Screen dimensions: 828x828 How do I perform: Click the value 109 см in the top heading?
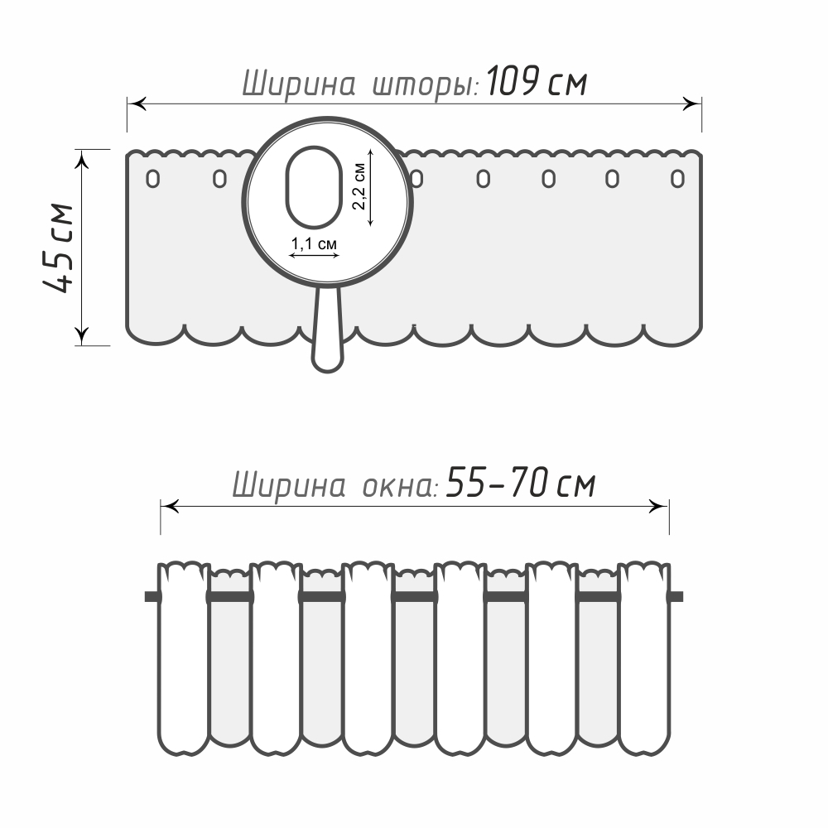click(x=537, y=83)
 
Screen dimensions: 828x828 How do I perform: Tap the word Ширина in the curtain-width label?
click(x=299, y=84)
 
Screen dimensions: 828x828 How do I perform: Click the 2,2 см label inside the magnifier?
click(x=359, y=188)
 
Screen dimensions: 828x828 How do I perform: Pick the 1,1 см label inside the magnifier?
click(x=315, y=244)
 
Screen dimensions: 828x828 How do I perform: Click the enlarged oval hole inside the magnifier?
click(x=314, y=188)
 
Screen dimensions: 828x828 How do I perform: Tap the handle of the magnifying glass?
click(x=327, y=331)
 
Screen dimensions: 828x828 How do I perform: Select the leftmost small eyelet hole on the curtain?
click(x=152, y=178)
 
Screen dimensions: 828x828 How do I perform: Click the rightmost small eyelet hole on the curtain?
click(x=678, y=178)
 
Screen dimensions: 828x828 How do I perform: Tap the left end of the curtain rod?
click(x=151, y=596)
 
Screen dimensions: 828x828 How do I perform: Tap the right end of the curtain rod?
click(x=676, y=596)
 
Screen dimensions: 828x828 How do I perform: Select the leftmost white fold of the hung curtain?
click(x=182, y=662)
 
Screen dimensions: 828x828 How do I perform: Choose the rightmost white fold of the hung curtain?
click(x=644, y=662)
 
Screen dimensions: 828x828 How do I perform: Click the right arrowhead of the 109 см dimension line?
click(x=692, y=103)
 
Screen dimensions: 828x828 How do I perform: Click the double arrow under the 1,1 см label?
click(x=315, y=256)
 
